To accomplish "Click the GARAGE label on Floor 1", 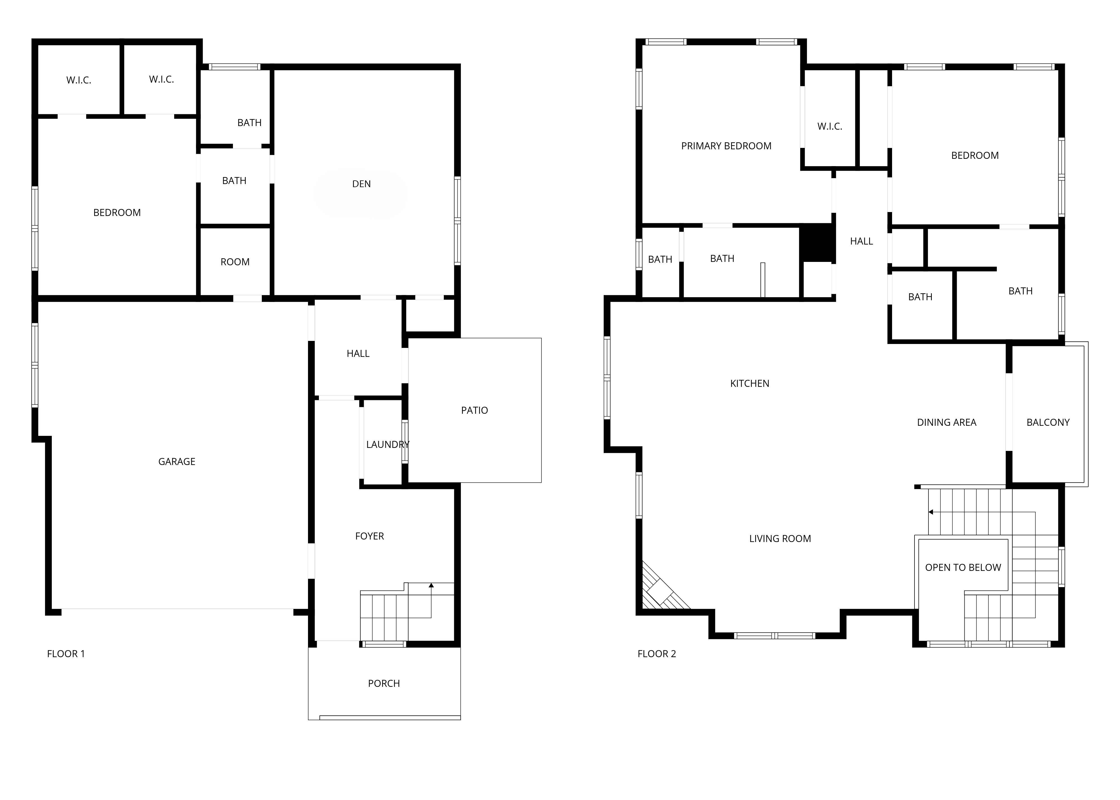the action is [x=177, y=462].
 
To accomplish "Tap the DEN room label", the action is [x=361, y=184].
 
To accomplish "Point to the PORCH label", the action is [x=384, y=683].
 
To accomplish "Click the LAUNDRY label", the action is [x=388, y=444].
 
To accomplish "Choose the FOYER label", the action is [x=370, y=536].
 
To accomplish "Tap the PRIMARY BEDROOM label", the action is [x=726, y=146].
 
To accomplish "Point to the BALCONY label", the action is [x=1048, y=422].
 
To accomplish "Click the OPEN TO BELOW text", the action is [x=963, y=568].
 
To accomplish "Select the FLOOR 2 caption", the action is [x=657, y=654].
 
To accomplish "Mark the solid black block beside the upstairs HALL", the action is [x=817, y=242].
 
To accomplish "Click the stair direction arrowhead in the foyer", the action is [x=431, y=585].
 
